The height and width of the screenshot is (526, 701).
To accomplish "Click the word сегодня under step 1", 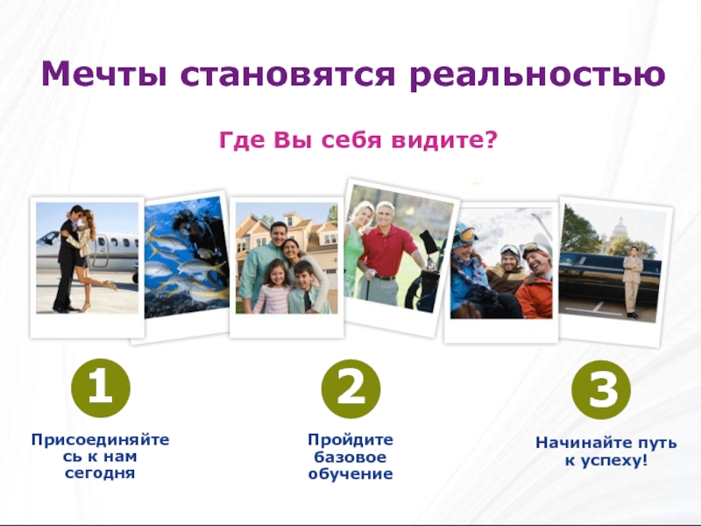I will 100,473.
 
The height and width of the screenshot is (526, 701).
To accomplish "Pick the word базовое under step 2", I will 350,457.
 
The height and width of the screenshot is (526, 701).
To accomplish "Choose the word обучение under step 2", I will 350,474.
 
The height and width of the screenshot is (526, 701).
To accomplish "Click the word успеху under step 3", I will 611,460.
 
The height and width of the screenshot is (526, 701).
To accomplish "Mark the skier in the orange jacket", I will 535,281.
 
